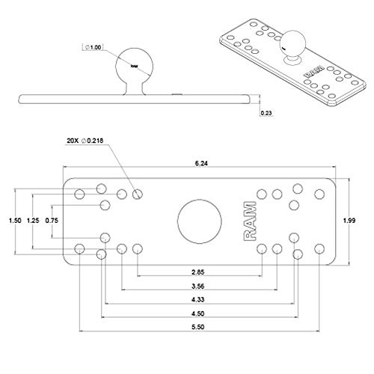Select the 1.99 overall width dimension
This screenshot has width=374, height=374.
tap(359, 220)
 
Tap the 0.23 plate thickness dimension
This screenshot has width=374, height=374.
tap(266, 113)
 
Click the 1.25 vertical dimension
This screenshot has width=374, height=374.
tap(31, 220)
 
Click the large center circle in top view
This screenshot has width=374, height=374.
tap(200, 221)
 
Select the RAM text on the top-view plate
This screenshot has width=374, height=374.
tap(249, 221)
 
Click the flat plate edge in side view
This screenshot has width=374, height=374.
tap(135, 98)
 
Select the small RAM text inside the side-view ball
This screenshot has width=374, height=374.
tap(135, 67)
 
